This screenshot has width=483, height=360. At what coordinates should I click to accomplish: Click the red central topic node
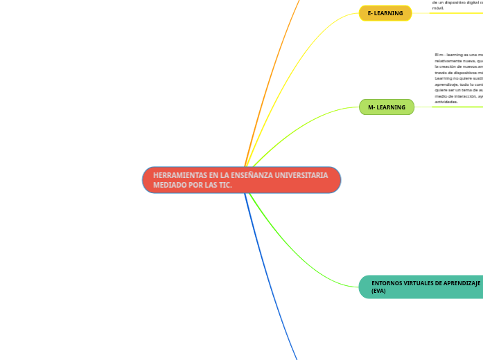[241, 180]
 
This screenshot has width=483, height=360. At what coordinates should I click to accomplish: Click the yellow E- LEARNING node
[385, 13]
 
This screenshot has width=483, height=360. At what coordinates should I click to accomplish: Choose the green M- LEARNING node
[387, 107]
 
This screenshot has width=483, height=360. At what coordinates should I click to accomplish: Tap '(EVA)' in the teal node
[378, 291]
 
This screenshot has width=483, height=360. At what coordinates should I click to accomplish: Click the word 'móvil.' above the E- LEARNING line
[438, 8]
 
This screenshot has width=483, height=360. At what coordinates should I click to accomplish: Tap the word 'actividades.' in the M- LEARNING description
[446, 102]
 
